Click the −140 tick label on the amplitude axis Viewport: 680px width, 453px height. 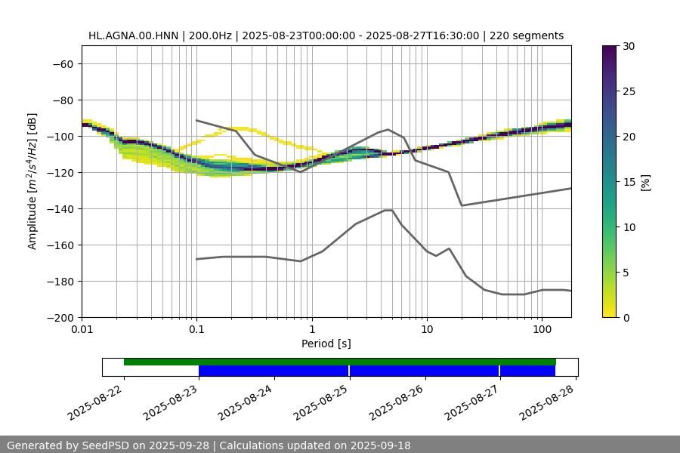[x=61, y=208]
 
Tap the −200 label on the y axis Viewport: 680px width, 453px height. [x=61, y=317]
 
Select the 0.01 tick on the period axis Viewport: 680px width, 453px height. [x=82, y=329]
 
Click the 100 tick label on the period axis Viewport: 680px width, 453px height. [x=542, y=329]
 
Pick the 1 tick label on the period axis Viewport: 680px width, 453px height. [x=311, y=329]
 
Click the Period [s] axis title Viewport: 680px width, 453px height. [x=326, y=344]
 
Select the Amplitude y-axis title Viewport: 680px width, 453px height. [x=32, y=181]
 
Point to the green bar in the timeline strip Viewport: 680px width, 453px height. [x=340, y=362]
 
